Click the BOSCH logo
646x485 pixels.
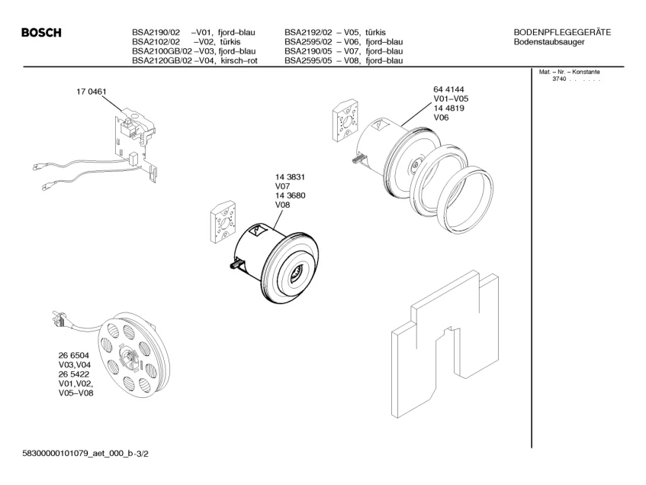click(41, 33)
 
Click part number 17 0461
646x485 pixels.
click(91, 92)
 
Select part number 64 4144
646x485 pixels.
click(448, 90)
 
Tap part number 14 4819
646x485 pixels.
click(448, 108)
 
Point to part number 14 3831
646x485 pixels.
click(290, 177)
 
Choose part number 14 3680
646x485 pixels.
click(290, 196)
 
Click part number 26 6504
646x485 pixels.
click(73, 356)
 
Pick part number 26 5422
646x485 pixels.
click(73, 374)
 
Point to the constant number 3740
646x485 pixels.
click(559, 80)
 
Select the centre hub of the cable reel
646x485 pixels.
click(127, 354)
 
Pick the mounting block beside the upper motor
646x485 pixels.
click(346, 120)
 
